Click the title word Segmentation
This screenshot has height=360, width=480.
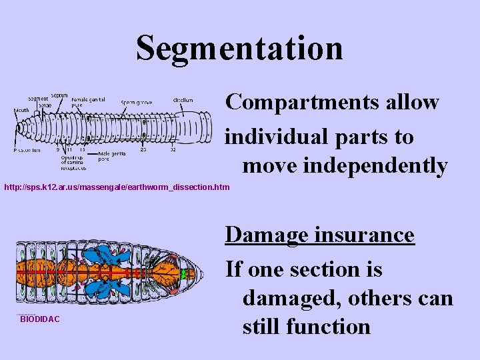(239, 48)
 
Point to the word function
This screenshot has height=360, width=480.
(334, 327)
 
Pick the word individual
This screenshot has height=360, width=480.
(286, 137)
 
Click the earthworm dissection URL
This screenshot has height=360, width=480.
(116, 188)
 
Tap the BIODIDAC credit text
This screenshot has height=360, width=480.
(40, 319)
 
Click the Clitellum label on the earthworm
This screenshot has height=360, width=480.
(183, 101)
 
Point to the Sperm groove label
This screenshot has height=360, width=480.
(137, 103)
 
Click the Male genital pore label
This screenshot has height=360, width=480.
(113, 155)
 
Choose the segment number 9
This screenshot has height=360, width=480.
(57, 149)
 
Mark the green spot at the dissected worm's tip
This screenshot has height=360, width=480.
(189, 273)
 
